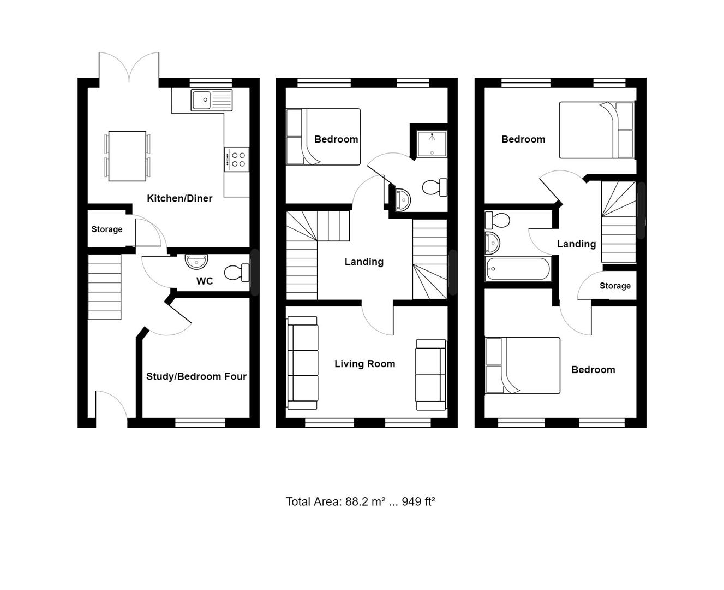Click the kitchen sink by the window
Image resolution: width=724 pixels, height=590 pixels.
[x=211, y=100]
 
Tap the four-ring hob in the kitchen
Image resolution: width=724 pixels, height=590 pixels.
[x=237, y=159]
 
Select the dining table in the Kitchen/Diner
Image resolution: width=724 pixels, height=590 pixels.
[x=127, y=156]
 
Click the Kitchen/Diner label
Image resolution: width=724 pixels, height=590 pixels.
[x=179, y=198]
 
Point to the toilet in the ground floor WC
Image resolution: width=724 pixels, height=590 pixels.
[x=238, y=272]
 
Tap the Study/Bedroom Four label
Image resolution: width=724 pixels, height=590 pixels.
[x=196, y=376]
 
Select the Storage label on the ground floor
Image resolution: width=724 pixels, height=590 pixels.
[x=107, y=229]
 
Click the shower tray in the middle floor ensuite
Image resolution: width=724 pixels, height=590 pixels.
[x=432, y=143]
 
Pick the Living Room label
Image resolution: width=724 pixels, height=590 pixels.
[x=364, y=364]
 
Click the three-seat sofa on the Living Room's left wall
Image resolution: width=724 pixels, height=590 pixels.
[x=302, y=363]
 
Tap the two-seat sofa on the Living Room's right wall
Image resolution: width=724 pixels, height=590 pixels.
[x=431, y=374]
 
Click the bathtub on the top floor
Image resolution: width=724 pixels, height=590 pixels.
[x=518, y=269]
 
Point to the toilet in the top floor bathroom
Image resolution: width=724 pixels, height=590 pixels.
[x=497, y=221]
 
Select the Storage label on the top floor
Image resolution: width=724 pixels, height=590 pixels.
[x=615, y=286]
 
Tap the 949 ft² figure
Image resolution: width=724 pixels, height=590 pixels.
[x=418, y=501]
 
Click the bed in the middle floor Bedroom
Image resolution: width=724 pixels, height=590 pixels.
[x=323, y=137]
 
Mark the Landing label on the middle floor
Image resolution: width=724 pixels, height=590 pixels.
[x=364, y=262]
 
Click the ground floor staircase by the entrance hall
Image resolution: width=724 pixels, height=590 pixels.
[x=105, y=287]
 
